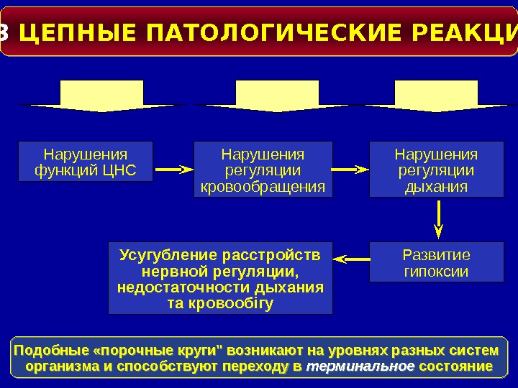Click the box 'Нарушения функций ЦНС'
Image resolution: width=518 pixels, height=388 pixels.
(x=86, y=162)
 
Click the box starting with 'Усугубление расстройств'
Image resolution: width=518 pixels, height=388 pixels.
(x=220, y=278)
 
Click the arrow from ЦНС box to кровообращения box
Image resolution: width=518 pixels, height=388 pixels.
(x=175, y=170)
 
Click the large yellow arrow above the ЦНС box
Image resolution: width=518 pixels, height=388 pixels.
(x=101, y=97)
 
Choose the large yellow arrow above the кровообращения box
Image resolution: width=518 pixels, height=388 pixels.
(x=277, y=97)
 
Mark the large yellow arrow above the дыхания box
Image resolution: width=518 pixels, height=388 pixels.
(x=436, y=97)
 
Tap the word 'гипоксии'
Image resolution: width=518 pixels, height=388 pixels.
(x=436, y=272)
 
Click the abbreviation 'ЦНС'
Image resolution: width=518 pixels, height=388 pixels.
(x=119, y=172)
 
